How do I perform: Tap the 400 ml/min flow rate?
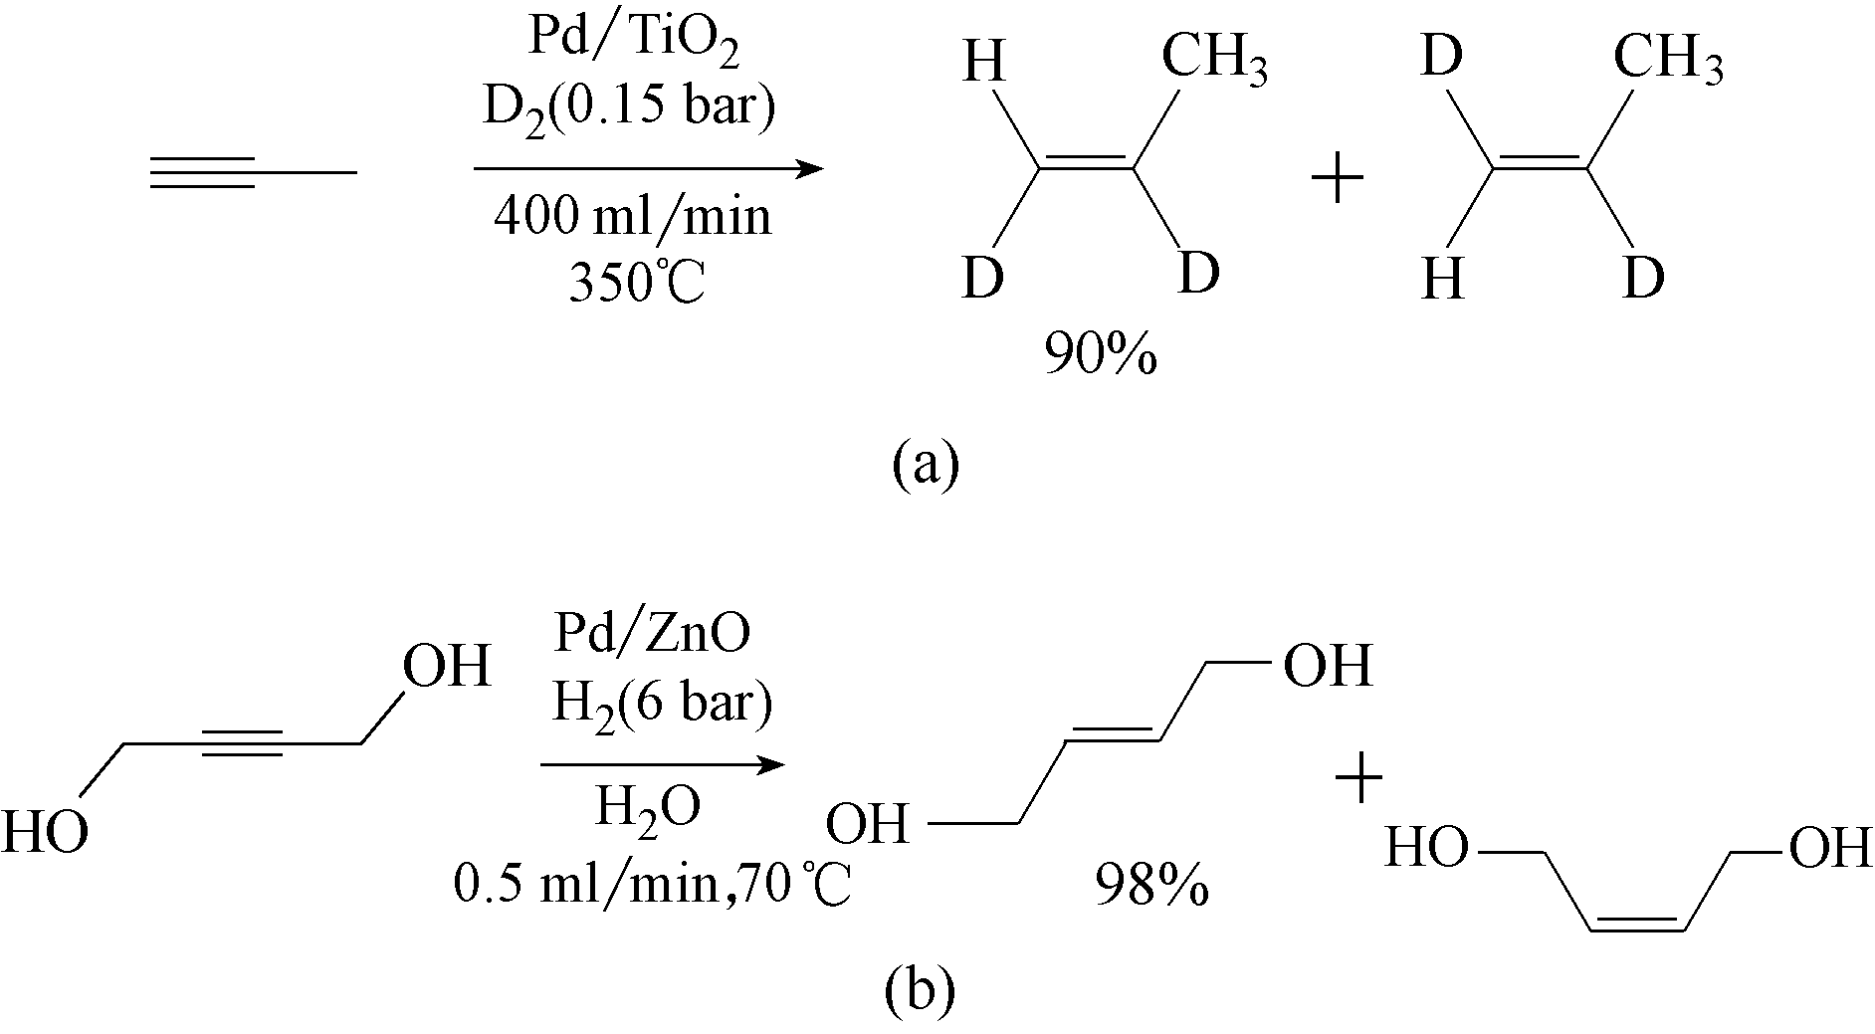[x=632, y=215]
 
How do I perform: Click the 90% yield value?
[x=1101, y=353]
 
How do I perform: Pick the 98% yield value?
[x=1152, y=884]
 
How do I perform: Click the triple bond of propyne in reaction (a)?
[x=204, y=173]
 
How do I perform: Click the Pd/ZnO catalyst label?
[x=652, y=634]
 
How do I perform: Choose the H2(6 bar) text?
[x=662, y=705]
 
